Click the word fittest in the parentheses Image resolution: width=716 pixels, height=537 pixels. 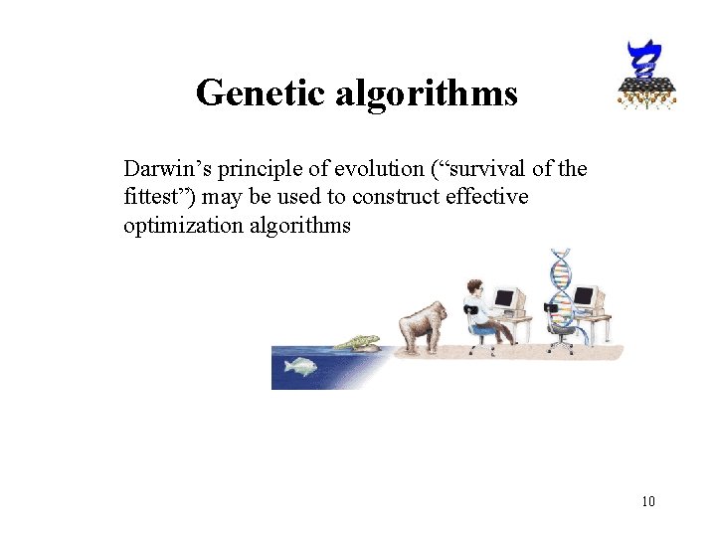coord(154,197)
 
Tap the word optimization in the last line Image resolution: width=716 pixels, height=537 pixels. coord(183,225)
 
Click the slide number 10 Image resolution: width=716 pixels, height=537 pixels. coord(647,500)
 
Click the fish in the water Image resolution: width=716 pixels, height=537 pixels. coord(299,366)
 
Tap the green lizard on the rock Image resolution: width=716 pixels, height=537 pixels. coord(359,343)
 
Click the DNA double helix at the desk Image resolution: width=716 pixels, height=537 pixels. coord(564,293)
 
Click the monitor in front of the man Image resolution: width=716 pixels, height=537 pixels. coord(507,297)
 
